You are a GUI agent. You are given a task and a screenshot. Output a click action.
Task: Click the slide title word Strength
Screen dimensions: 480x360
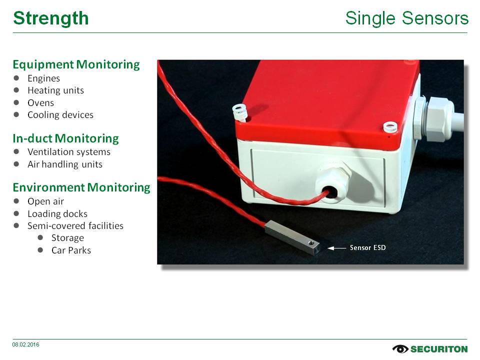[51, 18]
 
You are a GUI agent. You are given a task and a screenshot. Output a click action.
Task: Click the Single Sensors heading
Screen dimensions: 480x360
[407, 18]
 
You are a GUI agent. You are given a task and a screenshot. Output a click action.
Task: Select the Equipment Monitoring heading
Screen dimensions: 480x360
[76, 64]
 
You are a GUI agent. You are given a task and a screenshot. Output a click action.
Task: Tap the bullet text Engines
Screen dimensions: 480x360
[44, 78]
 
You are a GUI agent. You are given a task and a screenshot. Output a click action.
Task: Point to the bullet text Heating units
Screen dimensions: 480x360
[55, 90]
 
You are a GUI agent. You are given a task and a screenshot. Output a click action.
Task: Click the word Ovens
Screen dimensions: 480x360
[40, 103]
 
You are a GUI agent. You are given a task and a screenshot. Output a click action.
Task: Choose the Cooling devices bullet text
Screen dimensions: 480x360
[60, 115]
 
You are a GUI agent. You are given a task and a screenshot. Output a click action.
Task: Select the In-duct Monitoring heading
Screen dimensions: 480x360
[66, 138]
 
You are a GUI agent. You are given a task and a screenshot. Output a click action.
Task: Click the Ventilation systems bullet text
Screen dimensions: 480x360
[69, 152]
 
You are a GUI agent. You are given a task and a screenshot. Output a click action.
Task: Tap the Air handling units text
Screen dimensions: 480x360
[65, 164]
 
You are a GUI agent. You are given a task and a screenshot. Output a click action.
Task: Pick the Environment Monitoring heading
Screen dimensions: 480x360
[81, 187]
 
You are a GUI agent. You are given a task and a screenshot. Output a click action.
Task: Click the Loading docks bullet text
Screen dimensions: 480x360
[57, 213]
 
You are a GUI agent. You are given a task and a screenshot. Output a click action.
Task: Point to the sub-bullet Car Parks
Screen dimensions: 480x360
[71, 250]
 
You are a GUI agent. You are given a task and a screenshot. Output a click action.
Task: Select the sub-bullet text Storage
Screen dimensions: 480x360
[67, 238]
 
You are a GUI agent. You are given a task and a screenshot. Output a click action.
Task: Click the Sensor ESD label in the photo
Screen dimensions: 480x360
[367, 247]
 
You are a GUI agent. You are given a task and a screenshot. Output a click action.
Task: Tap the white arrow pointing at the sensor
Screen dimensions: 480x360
[336, 248]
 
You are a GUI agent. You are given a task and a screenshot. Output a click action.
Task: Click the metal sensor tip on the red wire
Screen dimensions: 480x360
[292, 237]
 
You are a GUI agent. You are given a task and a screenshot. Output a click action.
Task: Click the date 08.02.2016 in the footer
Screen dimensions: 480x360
[25, 344]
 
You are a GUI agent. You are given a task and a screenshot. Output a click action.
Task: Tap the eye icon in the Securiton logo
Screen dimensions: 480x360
[400, 349]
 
